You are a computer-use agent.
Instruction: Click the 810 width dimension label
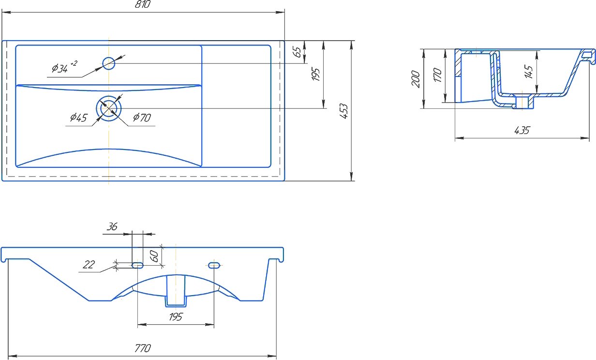[x=143, y=4]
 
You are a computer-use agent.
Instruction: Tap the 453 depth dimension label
[x=343, y=111]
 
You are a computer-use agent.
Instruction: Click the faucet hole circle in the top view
[x=109, y=63]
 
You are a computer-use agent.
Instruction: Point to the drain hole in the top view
[x=109, y=108]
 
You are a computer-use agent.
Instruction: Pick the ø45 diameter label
[x=78, y=117]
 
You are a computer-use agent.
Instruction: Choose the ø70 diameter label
[x=142, y=117]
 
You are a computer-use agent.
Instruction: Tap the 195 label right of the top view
[x=315, y=74]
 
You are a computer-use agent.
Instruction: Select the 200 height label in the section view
[x=416, y=79]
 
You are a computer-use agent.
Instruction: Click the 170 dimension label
[x=437, y=75]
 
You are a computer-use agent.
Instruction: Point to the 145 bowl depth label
[x=529, y=72]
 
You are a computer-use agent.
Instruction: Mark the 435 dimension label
[x=522, y=130]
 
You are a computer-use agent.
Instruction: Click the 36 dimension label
[x=112, y=226]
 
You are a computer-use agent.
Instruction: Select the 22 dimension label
[x=89, y=265]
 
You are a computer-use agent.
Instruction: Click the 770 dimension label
[x=143, y=348]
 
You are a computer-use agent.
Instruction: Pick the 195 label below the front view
[x=176, y=316]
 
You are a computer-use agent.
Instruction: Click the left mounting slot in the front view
[x=137, y=265]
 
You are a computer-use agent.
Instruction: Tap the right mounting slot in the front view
[x=214, y=265]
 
